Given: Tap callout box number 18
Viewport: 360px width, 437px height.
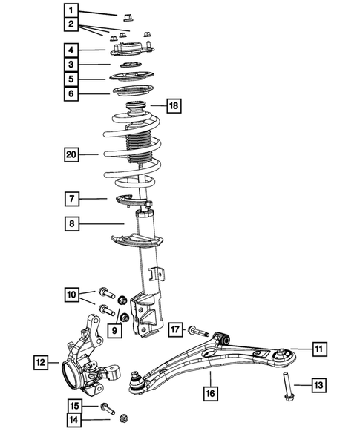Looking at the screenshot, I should [173, 107].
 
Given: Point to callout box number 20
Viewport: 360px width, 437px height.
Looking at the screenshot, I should [71, 154].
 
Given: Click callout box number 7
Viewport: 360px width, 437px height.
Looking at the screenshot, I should [71, 198].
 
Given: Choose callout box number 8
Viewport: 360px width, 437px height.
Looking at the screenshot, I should [71, 223].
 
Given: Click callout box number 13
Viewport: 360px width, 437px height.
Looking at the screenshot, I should [316, 384].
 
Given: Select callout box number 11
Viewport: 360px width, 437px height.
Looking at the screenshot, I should [318, 348].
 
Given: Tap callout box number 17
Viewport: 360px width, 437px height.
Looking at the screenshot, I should [175, 329].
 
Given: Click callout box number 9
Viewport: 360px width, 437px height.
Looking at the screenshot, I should [115, 330].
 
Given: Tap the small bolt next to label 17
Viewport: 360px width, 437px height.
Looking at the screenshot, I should [196, 329].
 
